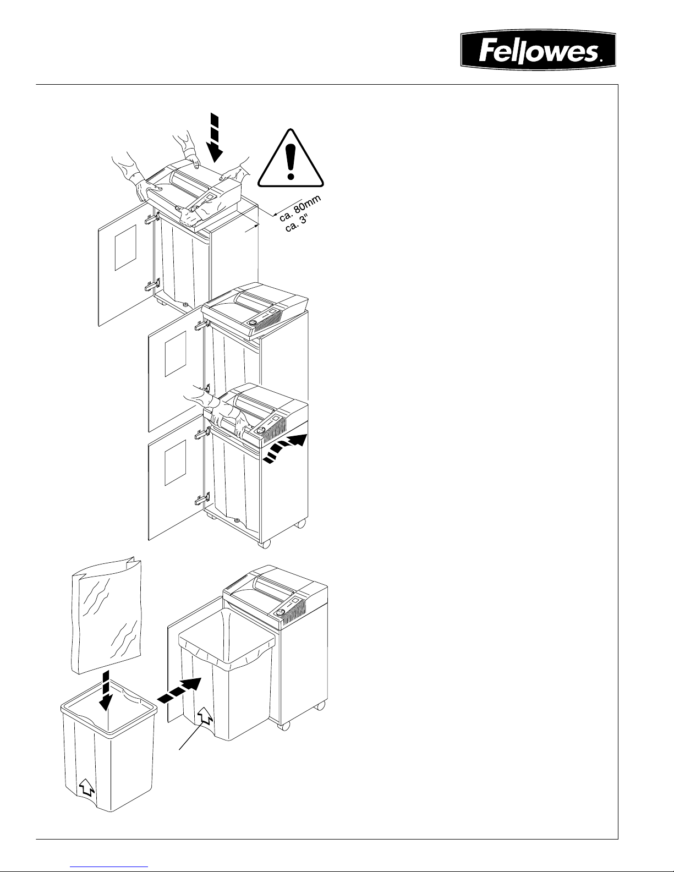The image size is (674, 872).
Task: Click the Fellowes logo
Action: [x=538, y=50]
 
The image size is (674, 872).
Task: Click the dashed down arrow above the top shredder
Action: [x=216, y=138]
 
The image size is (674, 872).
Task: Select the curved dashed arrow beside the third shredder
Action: [x=285, y=448]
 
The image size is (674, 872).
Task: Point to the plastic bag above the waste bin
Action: [x=106, y=616]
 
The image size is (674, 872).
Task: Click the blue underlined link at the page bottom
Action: [x=109, y=867]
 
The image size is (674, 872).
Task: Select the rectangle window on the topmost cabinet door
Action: [x=125, y=248]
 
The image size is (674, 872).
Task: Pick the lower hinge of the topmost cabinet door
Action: [x=152, y=286]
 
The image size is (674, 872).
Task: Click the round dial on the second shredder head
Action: [x=253, y=323]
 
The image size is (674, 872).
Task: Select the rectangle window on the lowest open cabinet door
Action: [x=176, y=463]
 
